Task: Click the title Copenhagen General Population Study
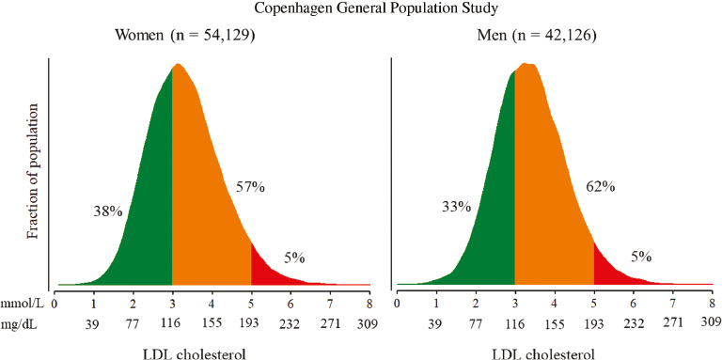tap(361, 9)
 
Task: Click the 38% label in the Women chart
tap(109, 211)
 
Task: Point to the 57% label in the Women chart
tap(251, 188)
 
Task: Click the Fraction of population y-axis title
tap(33, 174)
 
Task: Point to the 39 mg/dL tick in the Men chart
tap(436, 323)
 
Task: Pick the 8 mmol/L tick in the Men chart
tap(712, 305)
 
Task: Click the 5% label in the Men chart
tap(640, 257)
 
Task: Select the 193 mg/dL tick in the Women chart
tap(251, 323)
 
